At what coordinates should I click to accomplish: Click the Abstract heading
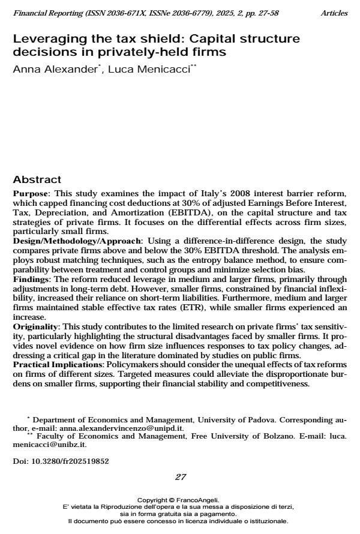click(x=37, y=179)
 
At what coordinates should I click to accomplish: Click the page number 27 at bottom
click(x=180, y=477)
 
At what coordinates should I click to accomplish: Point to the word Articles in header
click(x=334, y=13)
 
